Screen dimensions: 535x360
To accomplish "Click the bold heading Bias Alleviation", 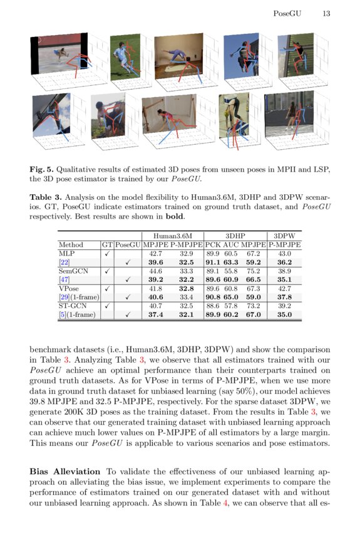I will click(64, 470).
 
